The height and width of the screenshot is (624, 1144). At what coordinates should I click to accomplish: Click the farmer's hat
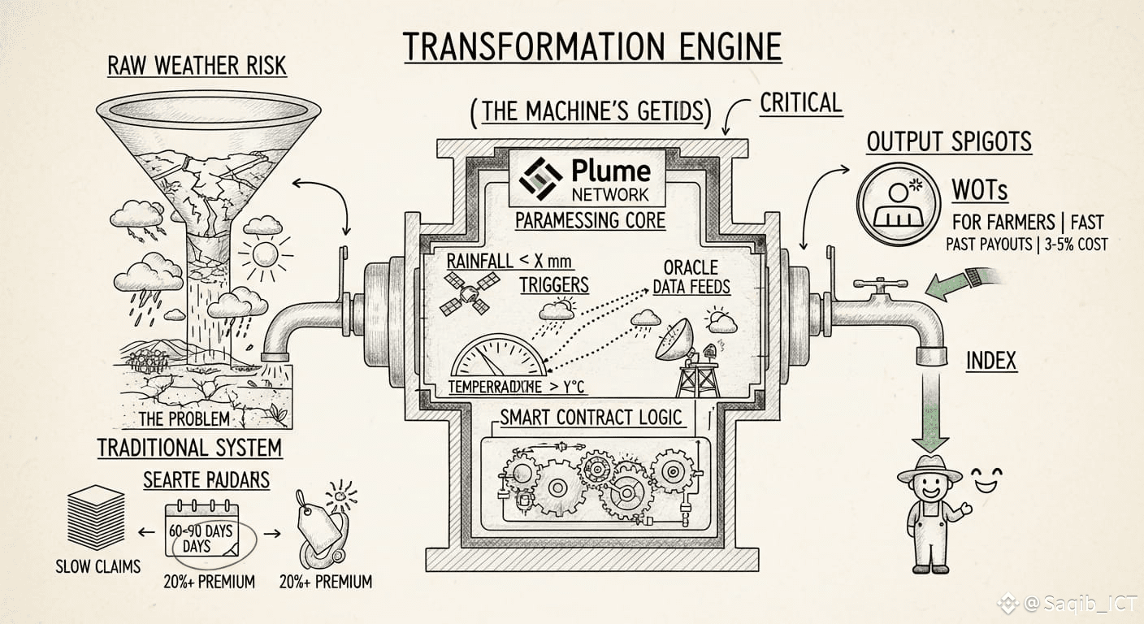(929, 470)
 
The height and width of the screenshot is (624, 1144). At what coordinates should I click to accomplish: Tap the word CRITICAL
(800, 103)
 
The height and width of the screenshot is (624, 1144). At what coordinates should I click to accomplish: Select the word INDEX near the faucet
(991, 360)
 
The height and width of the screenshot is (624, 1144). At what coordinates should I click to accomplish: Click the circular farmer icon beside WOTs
(899, 201)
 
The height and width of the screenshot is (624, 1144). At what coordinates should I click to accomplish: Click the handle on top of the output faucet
(879, 285)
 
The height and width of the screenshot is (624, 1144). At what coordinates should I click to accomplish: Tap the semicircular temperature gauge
(498, 365)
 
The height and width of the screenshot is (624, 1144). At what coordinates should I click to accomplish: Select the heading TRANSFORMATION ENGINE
(592, 47)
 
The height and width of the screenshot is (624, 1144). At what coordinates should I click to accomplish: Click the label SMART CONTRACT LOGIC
(591, 418)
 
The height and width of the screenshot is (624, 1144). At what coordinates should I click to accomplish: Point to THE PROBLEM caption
(184, 419)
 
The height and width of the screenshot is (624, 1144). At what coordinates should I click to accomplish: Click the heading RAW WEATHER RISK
(197, 65)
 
